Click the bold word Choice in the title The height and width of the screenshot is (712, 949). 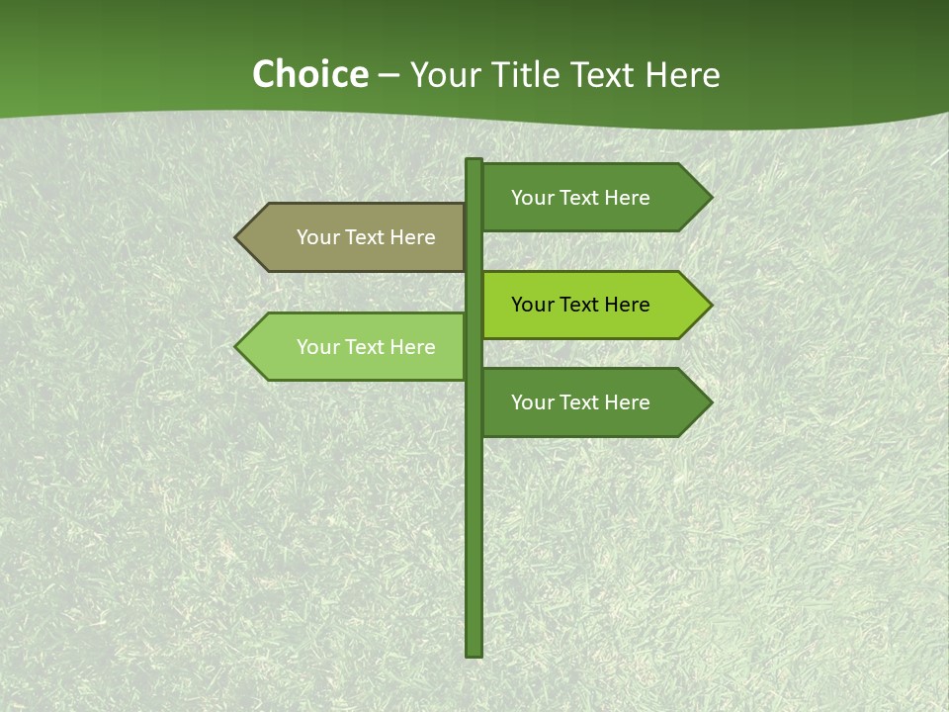(309, 74)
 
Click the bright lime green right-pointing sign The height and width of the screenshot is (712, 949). (583, 305)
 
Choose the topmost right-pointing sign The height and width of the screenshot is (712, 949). (583, 197)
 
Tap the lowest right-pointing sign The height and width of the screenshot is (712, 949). (583, 402)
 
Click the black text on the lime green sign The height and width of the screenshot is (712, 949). (580, 305)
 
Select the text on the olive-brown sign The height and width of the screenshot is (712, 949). (366, 237)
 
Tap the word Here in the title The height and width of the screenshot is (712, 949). (682, 74)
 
